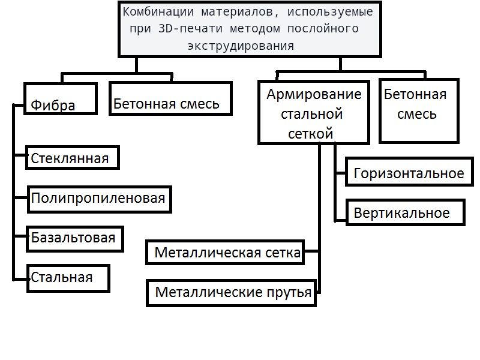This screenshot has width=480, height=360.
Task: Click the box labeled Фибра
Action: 61,98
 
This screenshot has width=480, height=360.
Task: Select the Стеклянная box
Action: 73,158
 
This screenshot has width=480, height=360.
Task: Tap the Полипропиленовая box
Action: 100,199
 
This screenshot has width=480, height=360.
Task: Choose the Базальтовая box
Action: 75,239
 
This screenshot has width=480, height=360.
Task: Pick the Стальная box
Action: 68,278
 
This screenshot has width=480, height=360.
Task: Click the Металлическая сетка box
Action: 225,252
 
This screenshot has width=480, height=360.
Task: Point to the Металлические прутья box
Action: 231,293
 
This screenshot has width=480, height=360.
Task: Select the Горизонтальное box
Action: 409,172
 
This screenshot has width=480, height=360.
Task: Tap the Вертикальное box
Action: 406,212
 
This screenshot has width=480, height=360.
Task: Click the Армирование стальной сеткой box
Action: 314,112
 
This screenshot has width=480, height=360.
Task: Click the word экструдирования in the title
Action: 241,46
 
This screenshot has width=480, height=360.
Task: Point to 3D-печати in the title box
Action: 190,28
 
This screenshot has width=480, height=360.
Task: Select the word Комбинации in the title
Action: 158,12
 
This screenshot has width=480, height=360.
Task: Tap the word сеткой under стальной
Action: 310,134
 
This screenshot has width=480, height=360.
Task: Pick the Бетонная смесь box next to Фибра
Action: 171,98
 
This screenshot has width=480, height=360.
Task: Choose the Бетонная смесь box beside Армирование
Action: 419,111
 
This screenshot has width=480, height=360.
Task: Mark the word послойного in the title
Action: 323,28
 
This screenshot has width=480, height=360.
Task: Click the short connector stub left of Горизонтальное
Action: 340,173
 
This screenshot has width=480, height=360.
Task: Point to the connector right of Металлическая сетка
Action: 311,251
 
